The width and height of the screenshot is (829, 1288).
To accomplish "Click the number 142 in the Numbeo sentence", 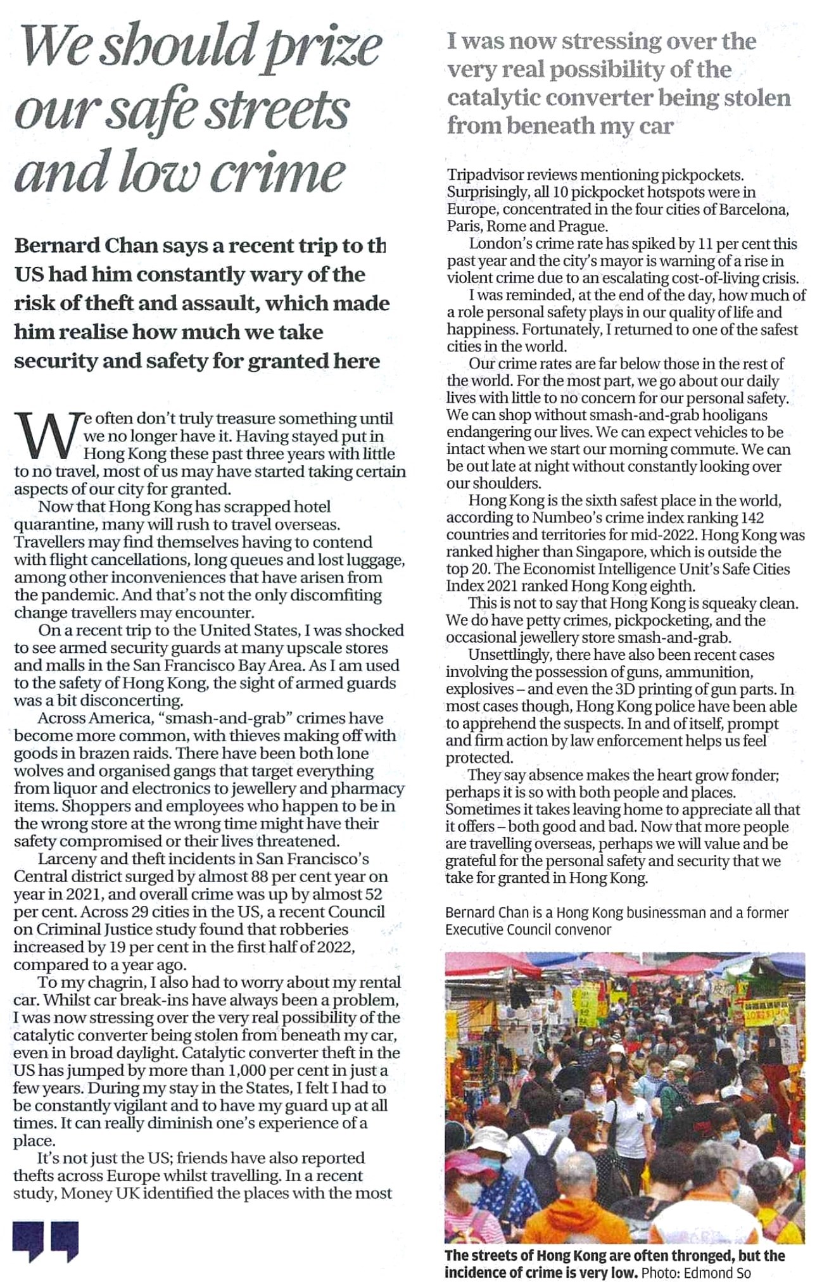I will point(751,517).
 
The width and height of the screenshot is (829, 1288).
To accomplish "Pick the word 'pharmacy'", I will point(372,789).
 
